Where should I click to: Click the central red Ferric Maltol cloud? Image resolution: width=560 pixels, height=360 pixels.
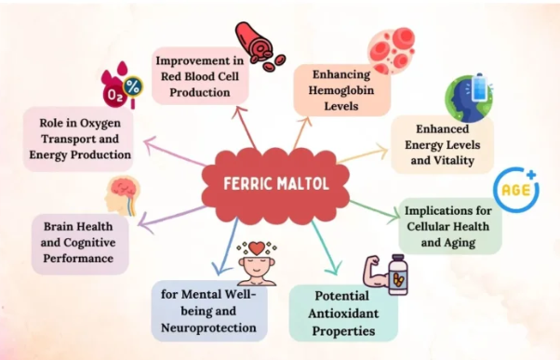coord(279,181)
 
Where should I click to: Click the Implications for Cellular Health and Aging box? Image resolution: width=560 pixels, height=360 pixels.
coord(450,224)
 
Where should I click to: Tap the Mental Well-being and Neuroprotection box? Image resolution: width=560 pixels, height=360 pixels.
coord(209,311)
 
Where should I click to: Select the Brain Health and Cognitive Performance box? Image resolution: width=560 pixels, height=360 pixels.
coord(78,244)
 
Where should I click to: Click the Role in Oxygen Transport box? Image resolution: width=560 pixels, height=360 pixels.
coord(78,139)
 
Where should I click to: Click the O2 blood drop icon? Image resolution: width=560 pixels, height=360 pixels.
coord(124,87)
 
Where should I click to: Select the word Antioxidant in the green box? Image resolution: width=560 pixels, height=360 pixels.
coord(343,313)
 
